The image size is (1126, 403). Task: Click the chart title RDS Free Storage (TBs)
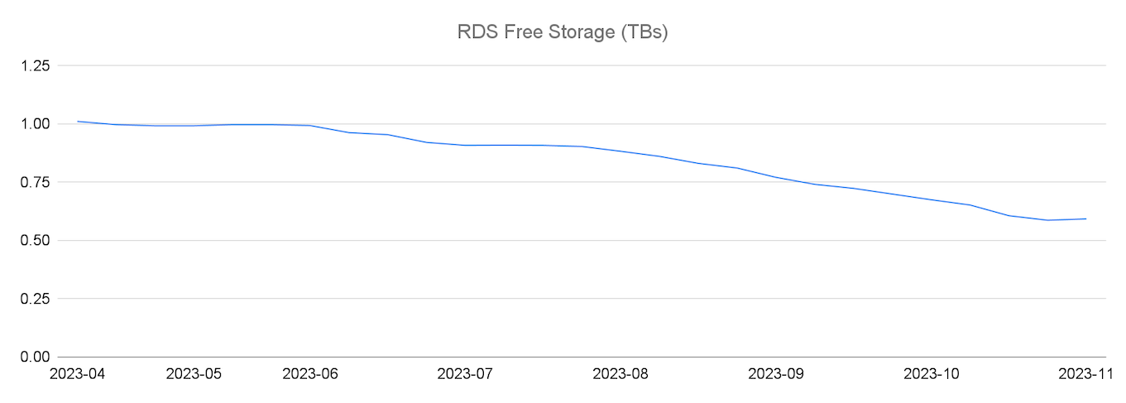(563, 33)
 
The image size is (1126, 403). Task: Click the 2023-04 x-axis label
(78, 374)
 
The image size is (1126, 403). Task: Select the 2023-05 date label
(194, 374)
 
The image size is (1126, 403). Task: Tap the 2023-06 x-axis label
(310, 374)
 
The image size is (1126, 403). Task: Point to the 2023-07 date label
(466, 374)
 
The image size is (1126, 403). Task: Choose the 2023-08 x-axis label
(621, 374)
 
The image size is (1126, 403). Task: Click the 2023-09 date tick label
(776, 374)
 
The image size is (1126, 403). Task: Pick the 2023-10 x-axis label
(932, 374)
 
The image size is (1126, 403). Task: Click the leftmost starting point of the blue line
(78, 122)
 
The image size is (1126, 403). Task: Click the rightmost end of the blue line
(1086, 218)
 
